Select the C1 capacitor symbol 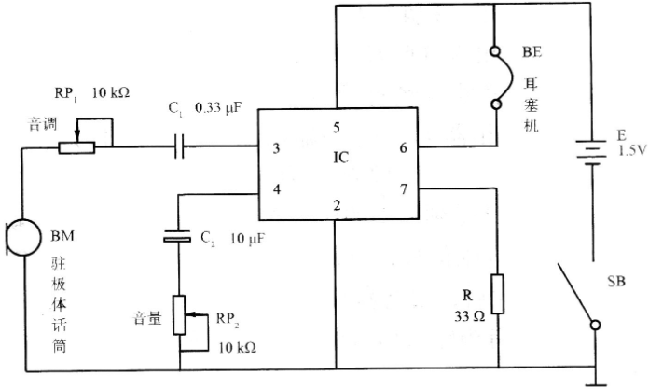click(179, 146)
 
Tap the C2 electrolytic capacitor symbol click(177, 236)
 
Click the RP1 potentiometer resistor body click(76, 148)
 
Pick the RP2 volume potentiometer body click(179, 315)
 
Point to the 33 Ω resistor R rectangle click(498, 294)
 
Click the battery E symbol click(592, 152)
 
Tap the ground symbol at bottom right click(595, 377)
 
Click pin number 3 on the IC click(276, 148)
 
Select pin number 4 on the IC click(277, 189)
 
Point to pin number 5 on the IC click(337, 128)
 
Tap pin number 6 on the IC click(403, 147)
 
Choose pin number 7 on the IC click(404, 189)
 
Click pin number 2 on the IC click(337, 205)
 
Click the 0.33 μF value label click(218, 108)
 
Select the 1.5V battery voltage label click(632, 150)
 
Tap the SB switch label click(616, 282)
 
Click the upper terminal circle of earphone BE click(494, 51)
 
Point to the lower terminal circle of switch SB click(595, 326)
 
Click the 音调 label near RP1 click(42, 124)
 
